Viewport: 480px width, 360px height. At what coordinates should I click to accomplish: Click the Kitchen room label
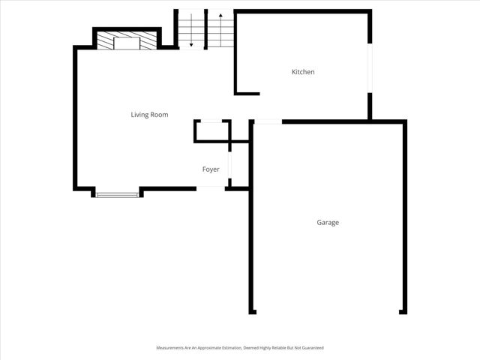(303, 72)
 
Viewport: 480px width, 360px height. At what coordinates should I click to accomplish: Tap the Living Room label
(149, 115)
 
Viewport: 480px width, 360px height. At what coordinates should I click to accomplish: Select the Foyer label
(211, 169)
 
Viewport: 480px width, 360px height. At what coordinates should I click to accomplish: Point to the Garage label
(328, 223)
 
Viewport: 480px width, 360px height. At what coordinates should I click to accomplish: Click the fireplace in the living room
(127, 41)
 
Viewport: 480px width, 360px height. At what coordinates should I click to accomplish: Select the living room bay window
(117, 195)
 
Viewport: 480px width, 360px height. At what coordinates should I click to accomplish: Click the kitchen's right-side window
(369, 68)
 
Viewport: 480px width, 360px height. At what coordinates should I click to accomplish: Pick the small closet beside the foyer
(212, 130)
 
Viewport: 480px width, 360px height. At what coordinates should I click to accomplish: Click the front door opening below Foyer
(211, 187)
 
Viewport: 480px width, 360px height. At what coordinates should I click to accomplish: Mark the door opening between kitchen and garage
(268, 121)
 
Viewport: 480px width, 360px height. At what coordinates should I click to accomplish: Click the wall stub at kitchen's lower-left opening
(247, 93)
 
